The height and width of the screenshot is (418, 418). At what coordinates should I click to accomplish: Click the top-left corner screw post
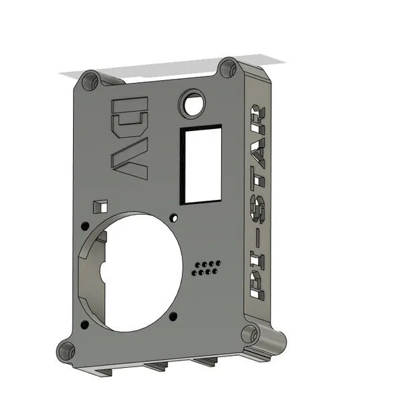coord(89,82)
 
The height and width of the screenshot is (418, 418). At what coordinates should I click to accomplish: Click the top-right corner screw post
coord(228,68)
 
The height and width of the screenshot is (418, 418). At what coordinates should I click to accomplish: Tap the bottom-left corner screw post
coord(66,350)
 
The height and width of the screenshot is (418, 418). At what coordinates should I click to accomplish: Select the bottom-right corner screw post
coord(250,334)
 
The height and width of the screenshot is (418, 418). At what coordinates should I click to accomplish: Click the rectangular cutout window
coord(200,164)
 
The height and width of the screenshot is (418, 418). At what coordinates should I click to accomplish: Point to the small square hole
coord(99,205)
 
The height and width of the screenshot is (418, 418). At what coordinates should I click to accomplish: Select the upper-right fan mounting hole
coord(174,217)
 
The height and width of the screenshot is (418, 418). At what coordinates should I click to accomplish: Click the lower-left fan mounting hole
coord(84,324)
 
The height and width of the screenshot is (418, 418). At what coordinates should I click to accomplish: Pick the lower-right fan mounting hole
coord(173,315)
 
